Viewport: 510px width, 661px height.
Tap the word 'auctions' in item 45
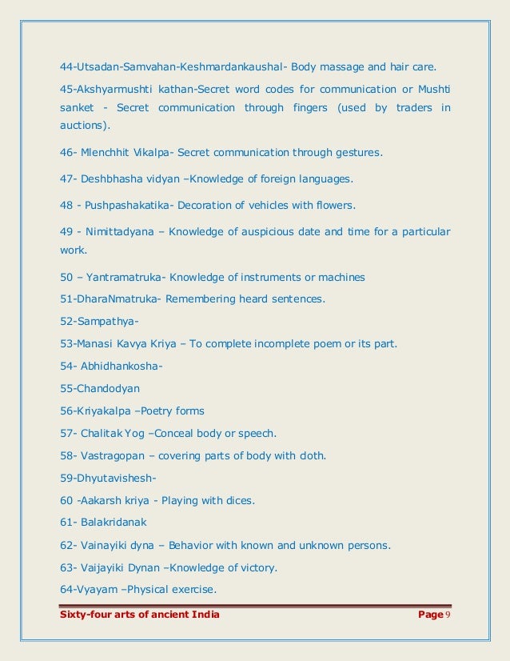coord(86,126)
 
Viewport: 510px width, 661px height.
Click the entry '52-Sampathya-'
coord(99,322)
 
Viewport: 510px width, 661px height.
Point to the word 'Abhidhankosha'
coord(120,367)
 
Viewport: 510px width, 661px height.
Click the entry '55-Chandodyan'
coord(100,389)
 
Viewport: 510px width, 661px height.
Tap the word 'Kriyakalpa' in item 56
coord(106,411)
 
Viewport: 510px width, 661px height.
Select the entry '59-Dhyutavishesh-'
coord(108,479)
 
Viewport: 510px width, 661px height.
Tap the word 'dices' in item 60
coord(240,501)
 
